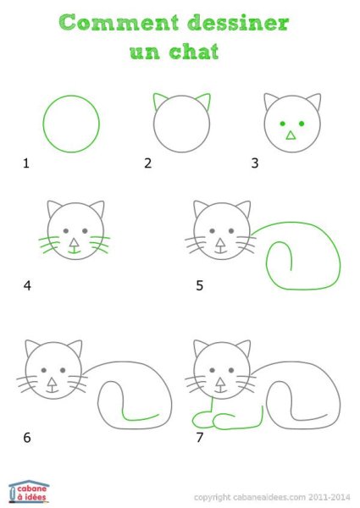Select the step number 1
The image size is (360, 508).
(26, 163)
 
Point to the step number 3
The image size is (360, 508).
(253, 163)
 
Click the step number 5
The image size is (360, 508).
(200, 285)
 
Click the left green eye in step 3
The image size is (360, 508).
(281, 124)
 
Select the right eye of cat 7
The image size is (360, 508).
(231, 370)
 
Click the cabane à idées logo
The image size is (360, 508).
(29, 490)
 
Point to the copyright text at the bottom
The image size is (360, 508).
(271, 497)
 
